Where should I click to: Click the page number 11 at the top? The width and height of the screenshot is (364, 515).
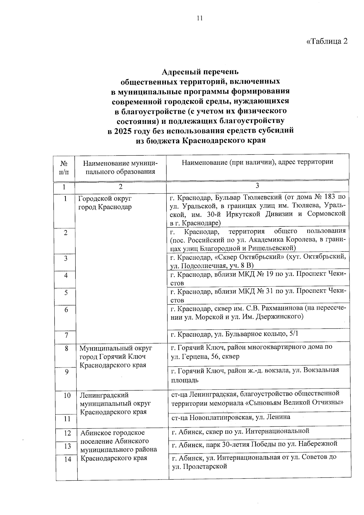(x=199, y=19)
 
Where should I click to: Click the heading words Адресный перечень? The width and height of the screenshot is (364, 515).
(x=200, y=72)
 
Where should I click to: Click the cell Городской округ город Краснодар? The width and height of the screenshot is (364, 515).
(x=105, y=203)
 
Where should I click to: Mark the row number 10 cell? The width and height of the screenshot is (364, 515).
(x=67, y=395)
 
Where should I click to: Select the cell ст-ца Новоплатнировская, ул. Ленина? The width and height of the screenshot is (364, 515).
(x=231, y=417)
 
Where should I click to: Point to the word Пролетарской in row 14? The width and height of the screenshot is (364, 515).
(x=206, y=466)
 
